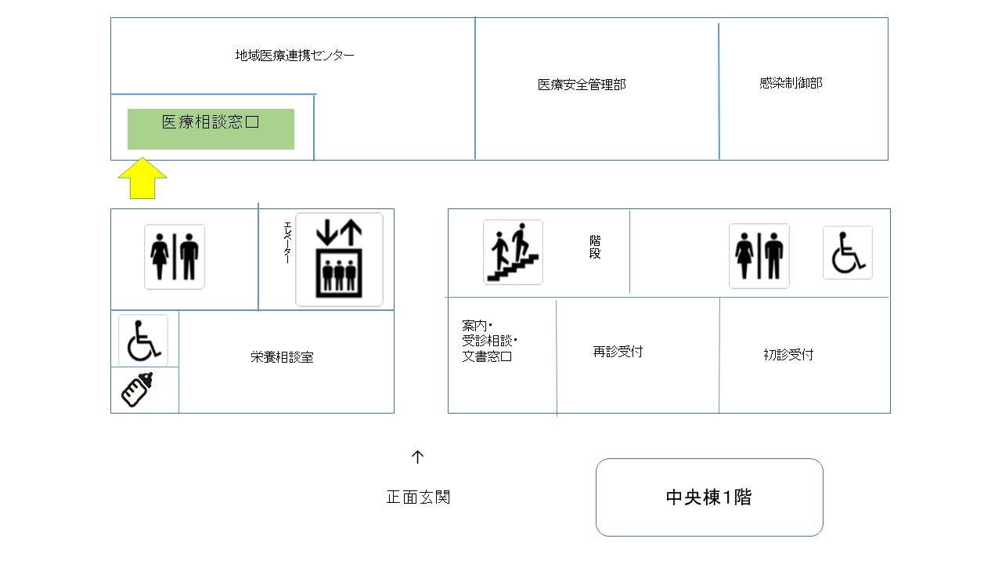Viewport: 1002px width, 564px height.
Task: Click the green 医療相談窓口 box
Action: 211,129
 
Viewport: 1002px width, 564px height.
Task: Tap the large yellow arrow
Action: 142,178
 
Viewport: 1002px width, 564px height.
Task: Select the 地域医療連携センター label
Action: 294,55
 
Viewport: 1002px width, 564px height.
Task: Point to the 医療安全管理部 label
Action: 582,85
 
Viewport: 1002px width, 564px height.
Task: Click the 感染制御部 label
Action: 791,83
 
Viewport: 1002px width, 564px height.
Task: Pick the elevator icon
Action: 339,259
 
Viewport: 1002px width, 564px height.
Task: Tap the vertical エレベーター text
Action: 287,243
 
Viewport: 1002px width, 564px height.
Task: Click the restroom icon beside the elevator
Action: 175,257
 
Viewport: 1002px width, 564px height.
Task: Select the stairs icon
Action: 513,252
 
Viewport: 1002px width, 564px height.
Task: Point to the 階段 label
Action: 595,247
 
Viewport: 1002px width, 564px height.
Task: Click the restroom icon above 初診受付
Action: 759,256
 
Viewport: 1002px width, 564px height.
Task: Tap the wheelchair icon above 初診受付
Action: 848,252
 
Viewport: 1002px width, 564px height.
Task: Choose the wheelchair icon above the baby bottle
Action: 143,340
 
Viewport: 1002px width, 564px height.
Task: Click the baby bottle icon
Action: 137,389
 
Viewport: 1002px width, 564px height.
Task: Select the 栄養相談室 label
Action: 282,357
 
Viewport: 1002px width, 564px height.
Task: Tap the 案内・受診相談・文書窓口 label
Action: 489,341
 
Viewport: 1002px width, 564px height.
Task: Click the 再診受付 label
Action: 618,352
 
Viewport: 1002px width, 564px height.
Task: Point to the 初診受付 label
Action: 788,355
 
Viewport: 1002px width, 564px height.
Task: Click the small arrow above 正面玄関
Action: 417,457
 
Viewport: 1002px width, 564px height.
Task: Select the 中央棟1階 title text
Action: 709,497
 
